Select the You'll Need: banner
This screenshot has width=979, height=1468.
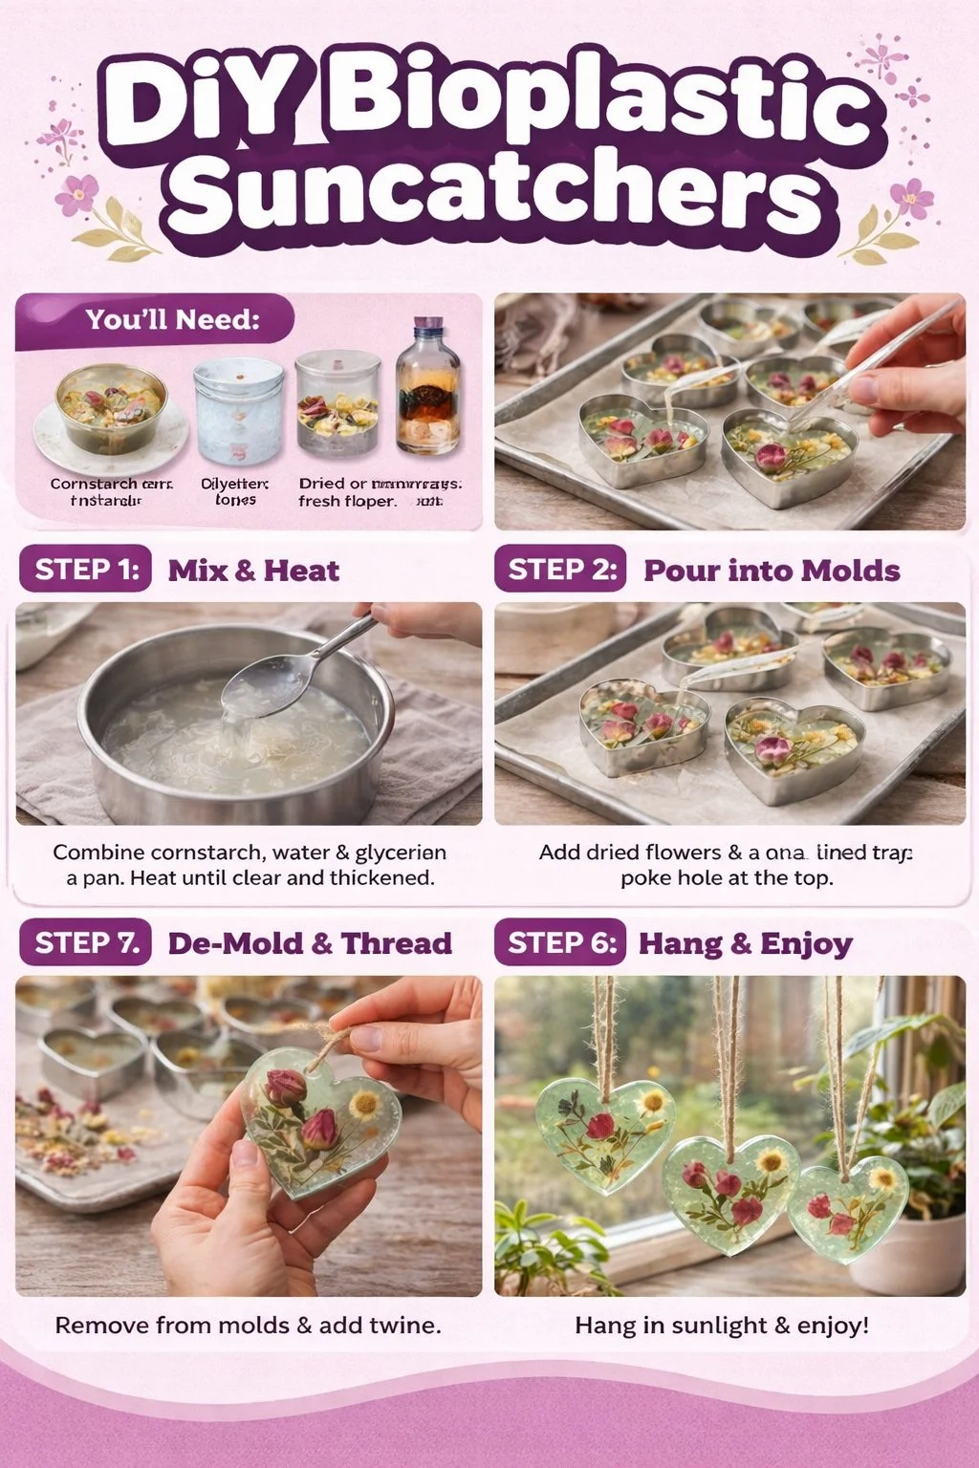pyautogui.click(x=158, y=319)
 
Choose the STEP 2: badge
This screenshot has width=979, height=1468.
pyautogui.click(x=560, y=570)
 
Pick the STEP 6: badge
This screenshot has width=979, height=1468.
pyautogui.click(x=560, y=943)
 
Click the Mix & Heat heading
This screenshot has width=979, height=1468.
pyautogui.click(x=253, y=571)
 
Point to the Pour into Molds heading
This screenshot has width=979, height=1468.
pyautogui.click(x=772, y=571)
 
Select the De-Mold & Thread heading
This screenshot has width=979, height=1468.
pyautogui.click(x=310, y=943)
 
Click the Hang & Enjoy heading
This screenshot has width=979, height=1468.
pyautogui.click(x=745, y=944)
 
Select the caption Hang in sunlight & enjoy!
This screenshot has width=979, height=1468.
pyautogui.click(x=722, y=1326)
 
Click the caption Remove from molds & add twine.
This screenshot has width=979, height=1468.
pyautogui.click(x=248, y=1326)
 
